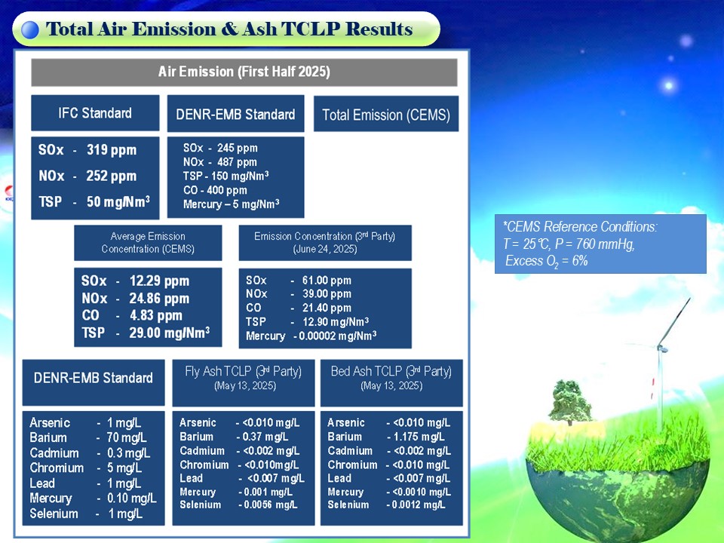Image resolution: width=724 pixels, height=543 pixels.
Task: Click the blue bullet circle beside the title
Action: click(x=30, y=30)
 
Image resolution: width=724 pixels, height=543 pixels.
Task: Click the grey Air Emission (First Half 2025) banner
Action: click(x=244, y=72)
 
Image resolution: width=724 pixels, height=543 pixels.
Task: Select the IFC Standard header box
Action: click(x=95, y=113)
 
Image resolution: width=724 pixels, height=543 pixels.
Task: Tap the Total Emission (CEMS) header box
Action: click(x=386, y=114)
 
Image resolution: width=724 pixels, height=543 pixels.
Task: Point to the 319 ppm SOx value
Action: click(x=112, y=150)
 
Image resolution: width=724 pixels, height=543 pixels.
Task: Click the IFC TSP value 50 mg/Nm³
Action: click(x=118, y=202)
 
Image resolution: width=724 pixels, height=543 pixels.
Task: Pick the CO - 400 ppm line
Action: click(x=215, y=190)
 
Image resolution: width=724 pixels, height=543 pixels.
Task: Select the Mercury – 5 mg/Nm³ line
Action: click(x=231, y=204)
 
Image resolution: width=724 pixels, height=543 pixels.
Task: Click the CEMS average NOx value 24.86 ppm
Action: click(x=159, y=299)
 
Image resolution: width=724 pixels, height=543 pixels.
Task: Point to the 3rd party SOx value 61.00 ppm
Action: click(x=327, y=281)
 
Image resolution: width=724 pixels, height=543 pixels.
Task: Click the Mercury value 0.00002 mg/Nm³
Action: click(x=338, y=336)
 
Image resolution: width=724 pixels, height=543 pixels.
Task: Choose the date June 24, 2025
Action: click(x=325, y=250)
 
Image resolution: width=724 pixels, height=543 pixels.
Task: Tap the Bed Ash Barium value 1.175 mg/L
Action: click(x=419, y=437)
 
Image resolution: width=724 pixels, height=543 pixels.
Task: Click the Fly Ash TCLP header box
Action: click(x=244, y=383)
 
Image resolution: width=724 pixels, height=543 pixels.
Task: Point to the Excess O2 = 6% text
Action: click(x=547, y=262)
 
